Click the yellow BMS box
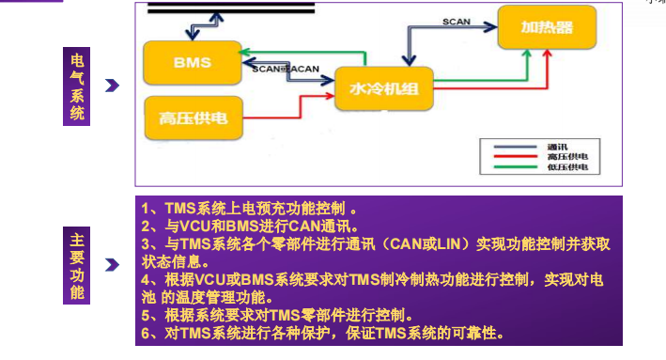point(192,63)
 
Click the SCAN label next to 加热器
point(457,21)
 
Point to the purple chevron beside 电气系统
point(112,86)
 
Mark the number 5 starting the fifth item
point(146,314)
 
